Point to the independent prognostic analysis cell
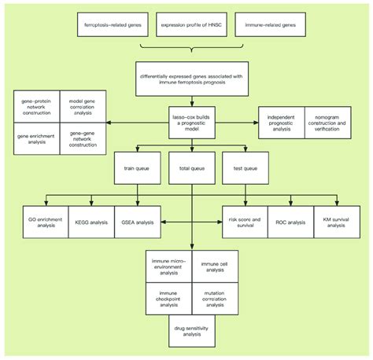point(281,122)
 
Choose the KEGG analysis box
point(93,221)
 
